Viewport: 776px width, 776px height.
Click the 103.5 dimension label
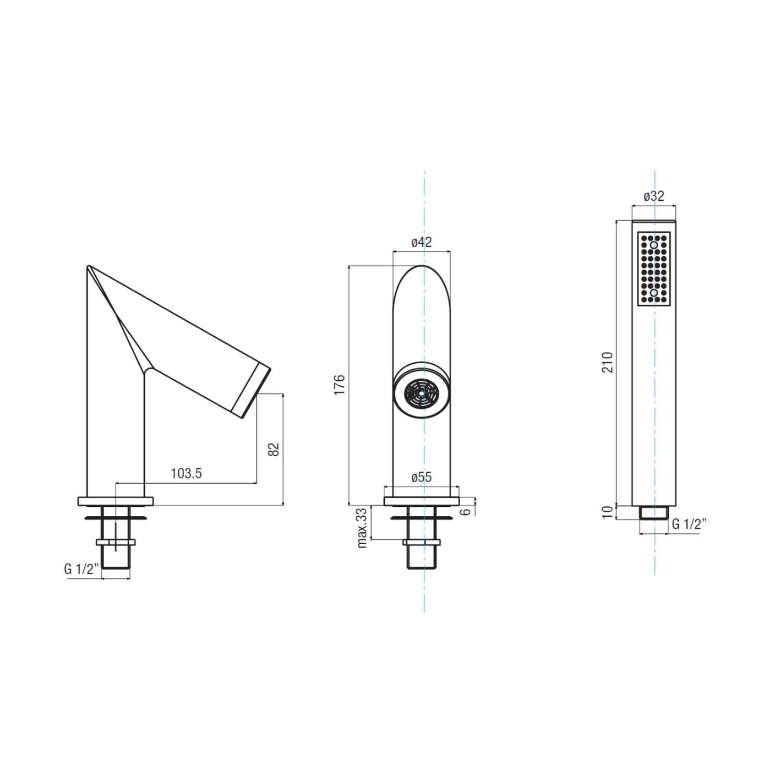pyautogui.click(x=186, y=473)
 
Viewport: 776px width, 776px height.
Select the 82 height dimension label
pyautogui.click(x=274, y=449)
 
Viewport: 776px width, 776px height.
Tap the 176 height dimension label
pyautogui.click(x=339, y=385)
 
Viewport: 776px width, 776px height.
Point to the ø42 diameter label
pyautogui.click(x=421, y=242)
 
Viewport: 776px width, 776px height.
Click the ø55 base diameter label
pyautogui.click(x=421, y=477)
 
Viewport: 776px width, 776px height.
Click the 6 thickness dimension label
pyautogui.click(x=466, y=511)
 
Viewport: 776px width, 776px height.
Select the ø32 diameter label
pyautogui.click(x=653, y=196)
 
